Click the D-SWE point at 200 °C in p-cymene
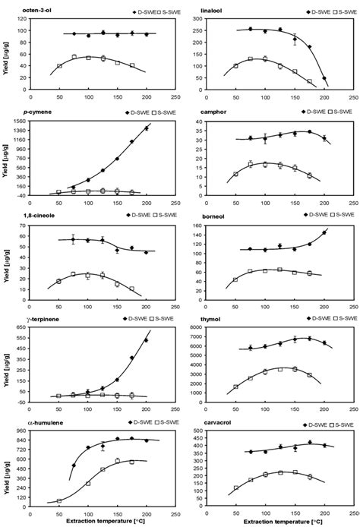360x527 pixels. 147,128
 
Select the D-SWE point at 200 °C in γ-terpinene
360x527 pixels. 147,340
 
